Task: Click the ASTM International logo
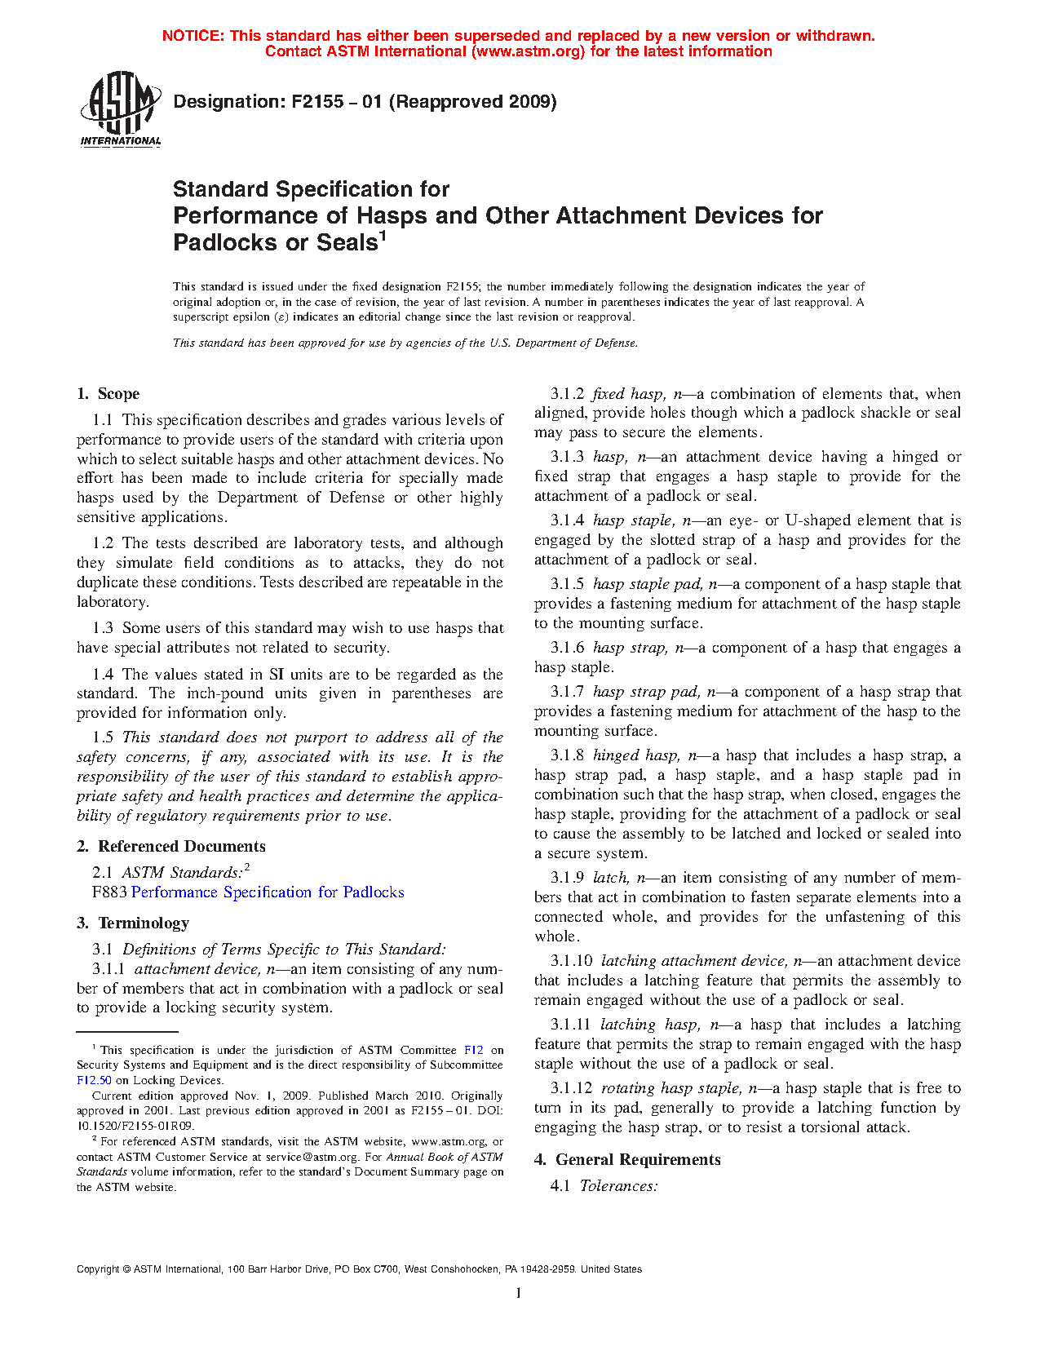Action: point(120,108)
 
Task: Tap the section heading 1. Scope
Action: point(108,394)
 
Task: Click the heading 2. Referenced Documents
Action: point(171,847)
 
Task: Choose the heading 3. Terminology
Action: point(133,923)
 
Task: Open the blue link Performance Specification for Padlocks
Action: point(268,892)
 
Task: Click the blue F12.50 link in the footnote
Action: point(94,1080)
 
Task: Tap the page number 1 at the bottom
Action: point(519,1293)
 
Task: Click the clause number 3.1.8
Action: point(567,755)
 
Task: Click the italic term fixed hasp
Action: point(626,394)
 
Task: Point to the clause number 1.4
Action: point(103,675)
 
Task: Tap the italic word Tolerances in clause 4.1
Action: point(617,1186)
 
